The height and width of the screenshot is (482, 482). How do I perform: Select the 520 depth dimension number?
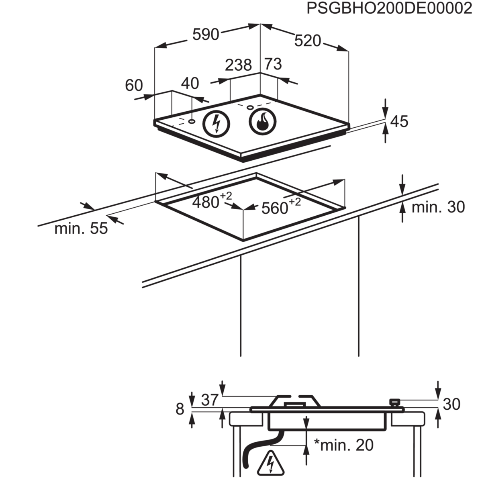[x=308, y=41]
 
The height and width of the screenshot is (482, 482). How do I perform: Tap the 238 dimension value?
[x=238, y=65]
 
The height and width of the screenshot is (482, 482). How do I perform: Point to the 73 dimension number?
[x=273, y=64]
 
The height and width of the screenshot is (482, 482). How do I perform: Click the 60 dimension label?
[x=134, y=85]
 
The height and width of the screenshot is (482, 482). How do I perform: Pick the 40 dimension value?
[x=190, y=83]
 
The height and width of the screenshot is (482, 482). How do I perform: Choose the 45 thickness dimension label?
[x=399, y=121]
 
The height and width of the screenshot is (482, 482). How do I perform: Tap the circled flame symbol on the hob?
[x=263, y=120]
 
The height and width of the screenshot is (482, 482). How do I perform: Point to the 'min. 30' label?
[x=438, y=207]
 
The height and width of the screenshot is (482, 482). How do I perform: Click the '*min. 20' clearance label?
[x=344, y=445]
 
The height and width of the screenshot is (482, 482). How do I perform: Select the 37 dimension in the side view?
[x=209, y=400]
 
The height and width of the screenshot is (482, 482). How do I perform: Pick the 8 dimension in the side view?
[x=180, y=409]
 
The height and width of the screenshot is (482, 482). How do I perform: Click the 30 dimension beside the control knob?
[x=451, y=404]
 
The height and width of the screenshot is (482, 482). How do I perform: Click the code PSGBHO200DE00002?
[x=389, y=8]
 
